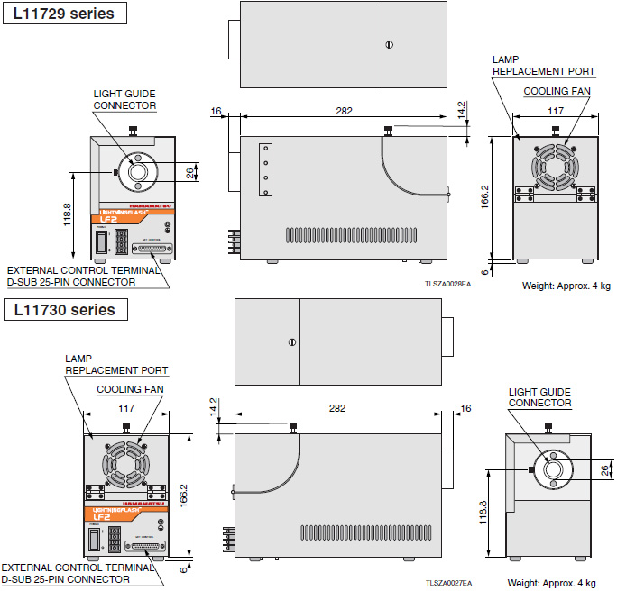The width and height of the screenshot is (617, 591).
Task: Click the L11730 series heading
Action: (x=64, y=310)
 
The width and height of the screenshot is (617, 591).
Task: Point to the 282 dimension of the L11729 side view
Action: (x=344, y=111)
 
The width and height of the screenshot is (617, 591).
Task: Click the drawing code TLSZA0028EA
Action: (x=447, y=283)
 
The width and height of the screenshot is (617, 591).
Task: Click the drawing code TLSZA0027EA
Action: (x=448, y=583)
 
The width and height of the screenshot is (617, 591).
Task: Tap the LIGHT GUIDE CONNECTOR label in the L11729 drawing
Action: (x=124, y=99)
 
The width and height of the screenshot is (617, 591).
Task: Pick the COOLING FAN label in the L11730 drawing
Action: (x=129, y=389)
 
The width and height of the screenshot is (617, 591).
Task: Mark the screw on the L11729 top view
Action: (x=389, y=44)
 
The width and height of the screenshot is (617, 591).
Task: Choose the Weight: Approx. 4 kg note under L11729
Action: (x=566, y=286)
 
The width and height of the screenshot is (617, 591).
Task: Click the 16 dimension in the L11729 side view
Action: (x=216, y=111)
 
